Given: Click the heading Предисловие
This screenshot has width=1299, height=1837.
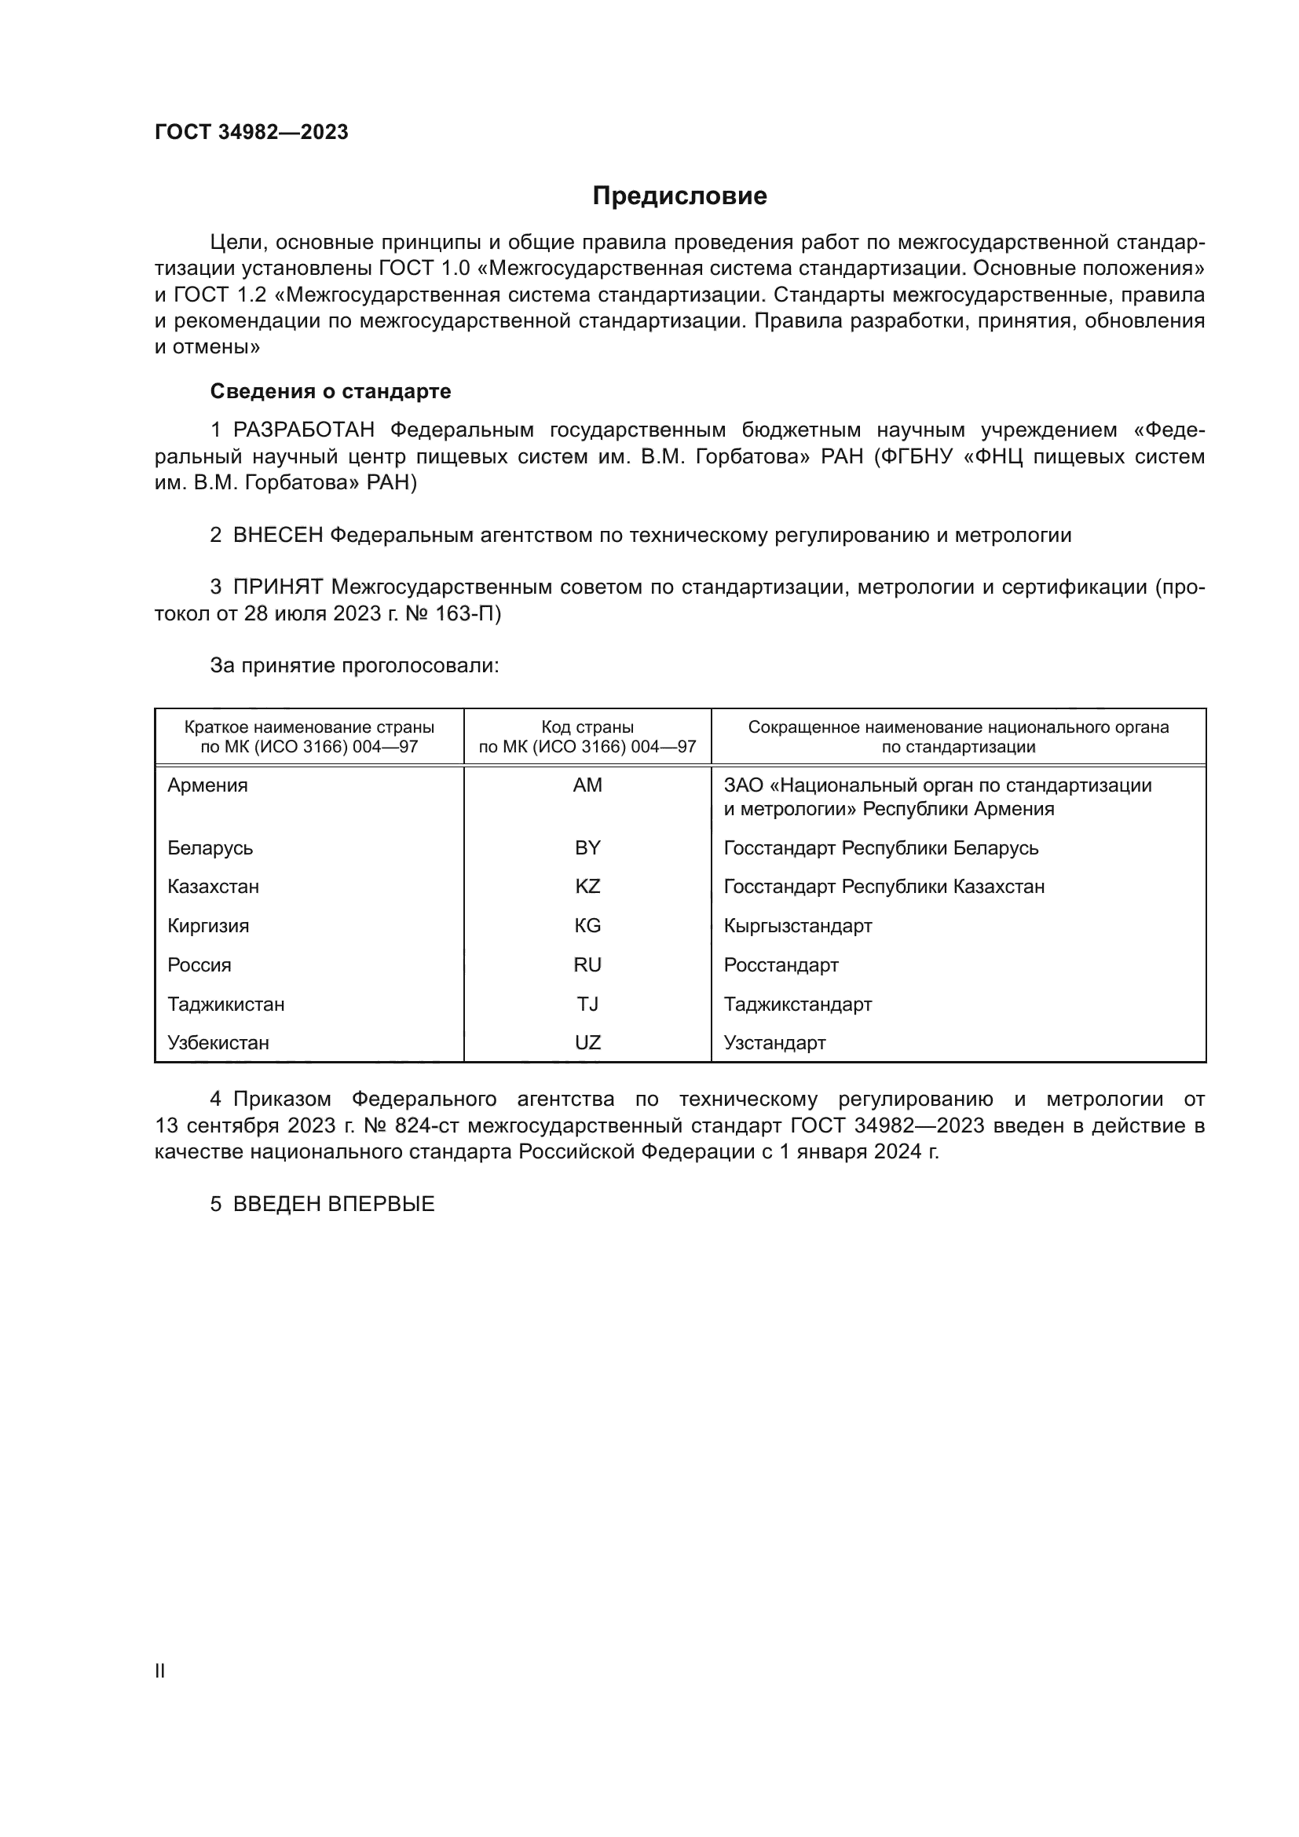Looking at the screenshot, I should coord(679,196).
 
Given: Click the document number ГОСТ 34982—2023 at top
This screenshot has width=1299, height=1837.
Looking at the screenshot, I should coord(251,132).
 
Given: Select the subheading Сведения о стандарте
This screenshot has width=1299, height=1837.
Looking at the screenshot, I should coord(331,391).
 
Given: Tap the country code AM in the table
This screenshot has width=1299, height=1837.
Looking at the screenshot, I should coord(587,785).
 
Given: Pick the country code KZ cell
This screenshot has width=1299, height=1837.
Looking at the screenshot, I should coord(587,887).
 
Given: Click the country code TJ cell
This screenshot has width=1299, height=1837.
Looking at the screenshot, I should coord(587,1004).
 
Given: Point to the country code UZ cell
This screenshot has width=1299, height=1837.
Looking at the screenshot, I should coord(587,1042).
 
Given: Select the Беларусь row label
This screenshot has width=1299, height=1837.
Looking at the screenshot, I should coord(210,847).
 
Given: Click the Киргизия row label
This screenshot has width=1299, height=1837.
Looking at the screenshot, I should coord(208,926).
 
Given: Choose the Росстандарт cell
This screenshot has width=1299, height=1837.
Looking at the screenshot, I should coord(781,965).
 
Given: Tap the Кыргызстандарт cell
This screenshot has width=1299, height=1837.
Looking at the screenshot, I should coord(797,926).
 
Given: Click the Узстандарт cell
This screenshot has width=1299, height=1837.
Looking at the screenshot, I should coord(774,1042).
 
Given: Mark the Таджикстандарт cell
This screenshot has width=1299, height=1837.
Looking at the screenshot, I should coord(797,1004).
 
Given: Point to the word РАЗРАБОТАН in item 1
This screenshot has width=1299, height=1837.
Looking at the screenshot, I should coord(304,430).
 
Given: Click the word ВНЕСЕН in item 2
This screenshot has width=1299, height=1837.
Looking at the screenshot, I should coord(277,536).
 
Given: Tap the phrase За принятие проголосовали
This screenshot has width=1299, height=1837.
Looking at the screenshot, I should coord(354,666).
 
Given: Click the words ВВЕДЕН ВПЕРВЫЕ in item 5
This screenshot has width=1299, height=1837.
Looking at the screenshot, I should coord(334,1204).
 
